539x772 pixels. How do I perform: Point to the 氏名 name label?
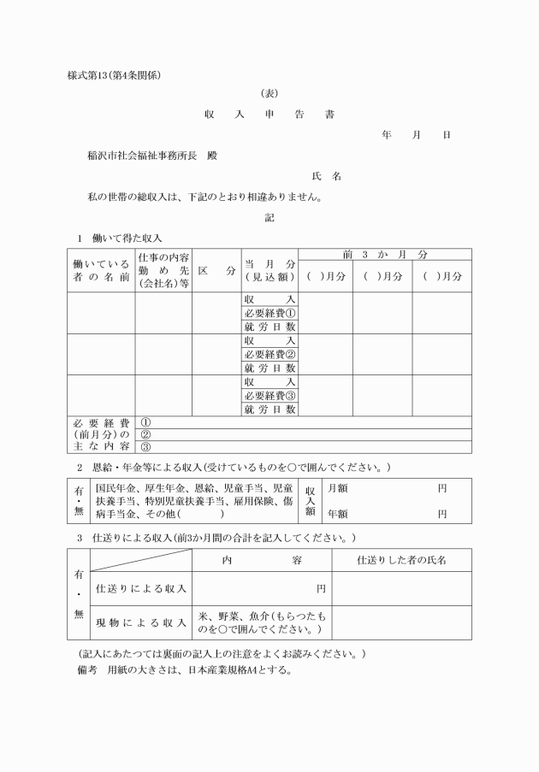[327, 176]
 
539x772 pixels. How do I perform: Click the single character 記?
[269, 217]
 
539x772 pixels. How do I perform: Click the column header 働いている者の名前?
[101, 270]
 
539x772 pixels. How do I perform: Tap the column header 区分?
[216, 270]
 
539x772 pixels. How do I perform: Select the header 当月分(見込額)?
[269, 270]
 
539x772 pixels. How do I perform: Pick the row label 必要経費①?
[269, 312]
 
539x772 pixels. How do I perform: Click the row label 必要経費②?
[269, 354]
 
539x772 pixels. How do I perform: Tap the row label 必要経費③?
[269, 396]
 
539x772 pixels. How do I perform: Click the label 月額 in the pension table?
[337, 488]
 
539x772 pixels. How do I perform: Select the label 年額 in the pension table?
[337, 514]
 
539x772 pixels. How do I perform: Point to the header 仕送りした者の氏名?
[401, 559]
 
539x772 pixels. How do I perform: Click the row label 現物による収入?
[141, 622]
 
